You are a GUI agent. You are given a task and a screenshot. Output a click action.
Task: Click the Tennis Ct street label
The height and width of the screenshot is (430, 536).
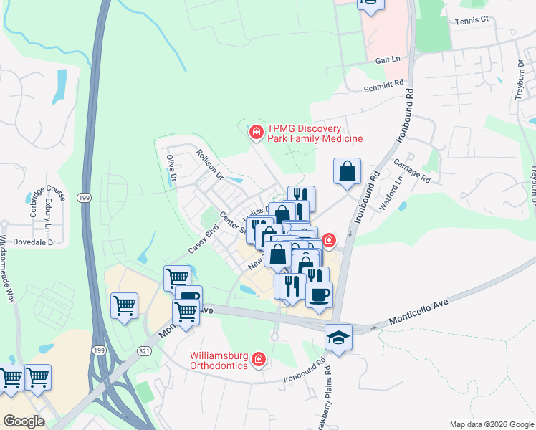click(471, 20)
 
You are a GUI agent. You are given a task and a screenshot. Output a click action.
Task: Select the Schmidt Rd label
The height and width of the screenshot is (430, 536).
click(384, 85)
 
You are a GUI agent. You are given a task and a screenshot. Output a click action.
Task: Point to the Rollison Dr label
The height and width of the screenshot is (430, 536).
click(211, 164)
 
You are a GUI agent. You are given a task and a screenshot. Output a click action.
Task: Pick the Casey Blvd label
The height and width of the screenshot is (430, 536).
click(203, 239)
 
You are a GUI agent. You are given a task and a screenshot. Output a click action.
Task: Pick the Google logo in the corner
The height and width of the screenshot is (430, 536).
click(23, 421)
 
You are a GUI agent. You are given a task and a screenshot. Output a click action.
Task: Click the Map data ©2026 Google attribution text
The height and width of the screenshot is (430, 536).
click(491, 424)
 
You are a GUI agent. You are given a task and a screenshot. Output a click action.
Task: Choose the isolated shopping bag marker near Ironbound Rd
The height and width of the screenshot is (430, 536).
click(347, 173)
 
